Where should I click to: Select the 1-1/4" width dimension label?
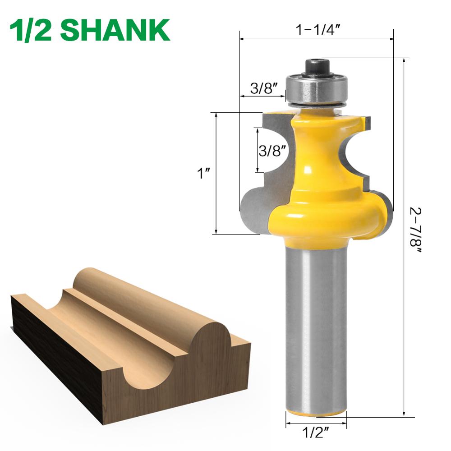point(317,30)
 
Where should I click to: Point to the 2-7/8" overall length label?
point(415,230)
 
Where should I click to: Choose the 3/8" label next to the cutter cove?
point(272,150)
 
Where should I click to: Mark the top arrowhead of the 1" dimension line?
point(216,115)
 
